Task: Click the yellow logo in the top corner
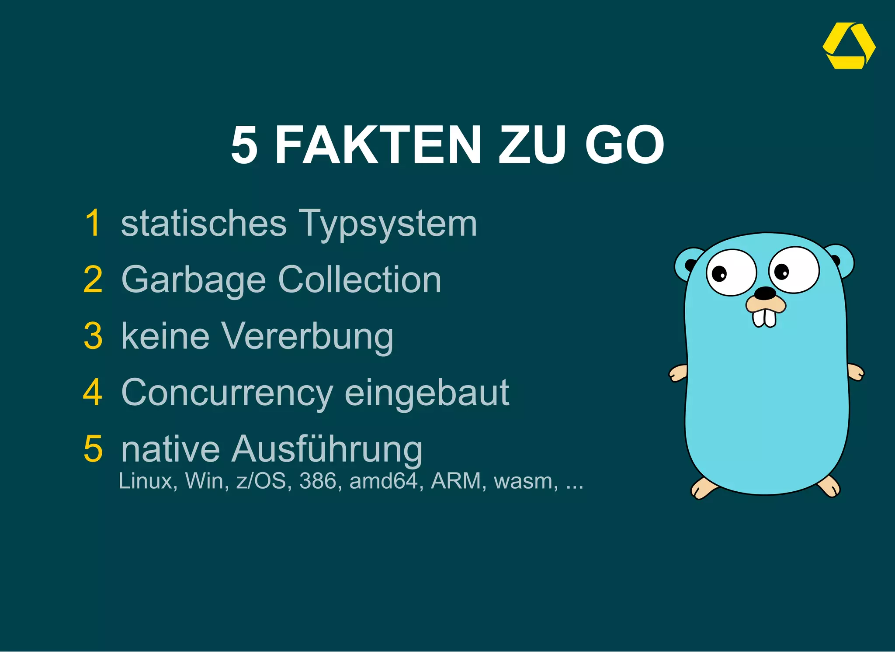(849, 46)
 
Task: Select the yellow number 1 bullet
(93, 223)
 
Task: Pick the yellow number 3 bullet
(93, 336)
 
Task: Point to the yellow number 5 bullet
(93, 448)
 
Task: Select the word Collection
(360, 279)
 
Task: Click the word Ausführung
(327, 449)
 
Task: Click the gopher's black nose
(765, 293)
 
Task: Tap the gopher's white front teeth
(764, 317)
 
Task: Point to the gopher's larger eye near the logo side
(794, 270)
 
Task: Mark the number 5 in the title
(244, 145)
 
